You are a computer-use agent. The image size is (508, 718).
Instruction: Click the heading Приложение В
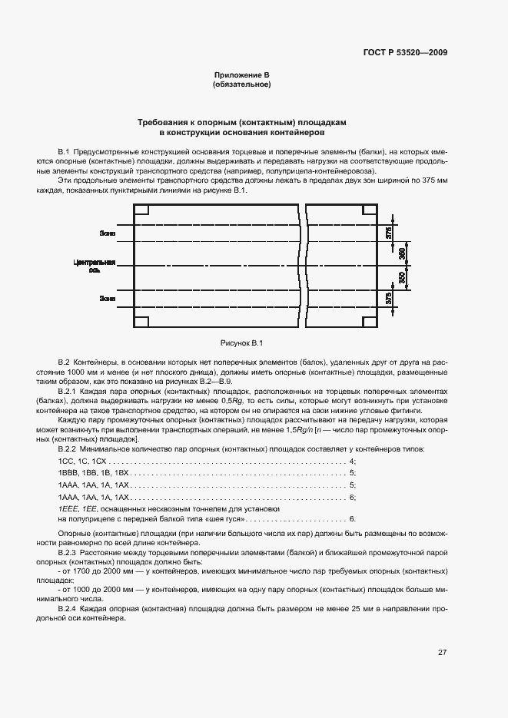pyautogui.click(x=241, y=74)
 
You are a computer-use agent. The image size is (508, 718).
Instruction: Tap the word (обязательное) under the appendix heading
pyautogui.click(x=241, y=84)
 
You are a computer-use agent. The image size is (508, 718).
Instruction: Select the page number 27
pyautogui.click(x=443, y=653)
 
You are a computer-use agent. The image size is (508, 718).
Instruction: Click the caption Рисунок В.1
pyautogui.click(x=241, y=342)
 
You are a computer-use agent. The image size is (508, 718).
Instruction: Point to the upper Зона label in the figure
pyautogui.click(x=107, y=233)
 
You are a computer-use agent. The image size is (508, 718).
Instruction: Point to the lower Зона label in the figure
pyautogui.click(x=107, y=297)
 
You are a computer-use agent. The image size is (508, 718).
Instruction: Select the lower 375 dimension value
pyautogui.click(x=389, y=298)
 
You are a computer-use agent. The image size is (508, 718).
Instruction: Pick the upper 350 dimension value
pyautogui.click(x=403, y=253)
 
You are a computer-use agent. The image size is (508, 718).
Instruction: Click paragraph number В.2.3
pyautogui.click(x=69, y=552)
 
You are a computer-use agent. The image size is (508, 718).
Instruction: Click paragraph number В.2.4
pyautogui.click(x=69, y=607)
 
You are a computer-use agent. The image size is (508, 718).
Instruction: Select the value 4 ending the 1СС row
pyautogui.click(x=351, y=461)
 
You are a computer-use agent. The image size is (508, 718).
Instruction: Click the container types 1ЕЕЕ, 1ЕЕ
pyautogui.click(x=74, y=510)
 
